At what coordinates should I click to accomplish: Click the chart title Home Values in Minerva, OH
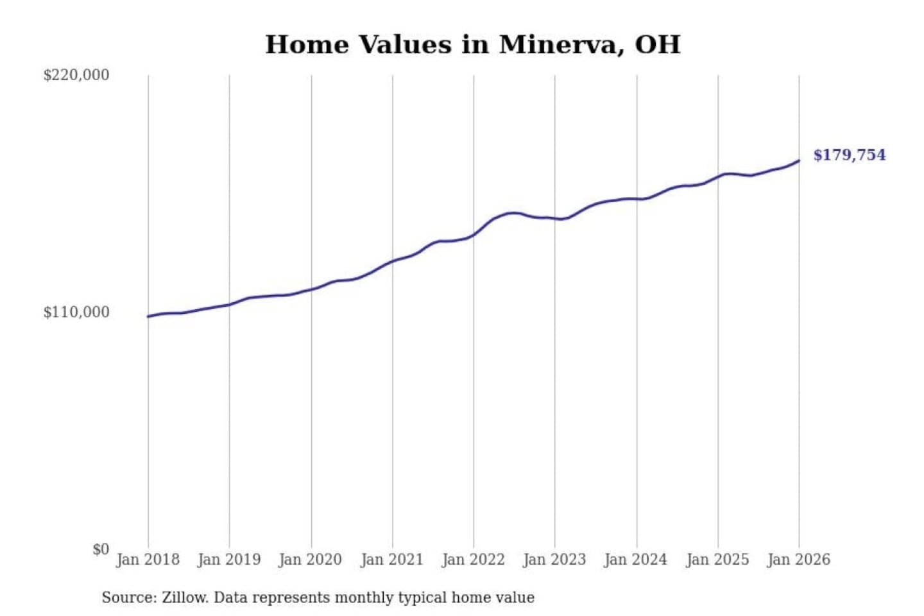473,45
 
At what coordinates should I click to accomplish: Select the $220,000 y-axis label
76,75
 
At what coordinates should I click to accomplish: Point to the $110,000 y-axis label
76,312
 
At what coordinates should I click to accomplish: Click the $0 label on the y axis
101,549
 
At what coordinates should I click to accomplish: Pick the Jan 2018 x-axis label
148,560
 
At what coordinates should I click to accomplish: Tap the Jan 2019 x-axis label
229,560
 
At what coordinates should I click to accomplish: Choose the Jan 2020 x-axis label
311,560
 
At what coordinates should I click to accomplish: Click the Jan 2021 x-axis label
392,560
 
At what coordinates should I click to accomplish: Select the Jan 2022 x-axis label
474,560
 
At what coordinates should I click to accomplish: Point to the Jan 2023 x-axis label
554,560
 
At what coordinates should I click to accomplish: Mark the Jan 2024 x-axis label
636,560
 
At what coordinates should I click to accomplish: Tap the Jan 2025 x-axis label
717,560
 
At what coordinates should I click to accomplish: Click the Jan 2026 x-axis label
799,560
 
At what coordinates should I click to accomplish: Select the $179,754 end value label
849,155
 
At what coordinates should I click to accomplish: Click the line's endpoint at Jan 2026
799,160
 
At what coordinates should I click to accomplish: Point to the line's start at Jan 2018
148,316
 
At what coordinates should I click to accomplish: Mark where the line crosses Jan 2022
474,234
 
